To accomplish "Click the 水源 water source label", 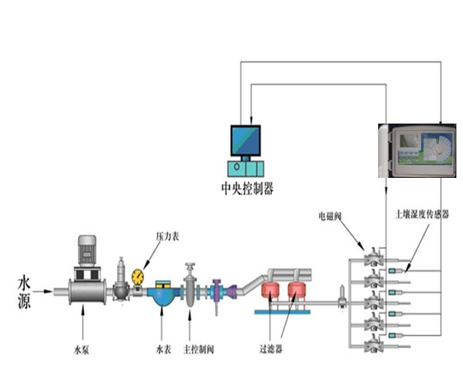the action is coord(25,292).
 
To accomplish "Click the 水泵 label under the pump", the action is coord(82,350).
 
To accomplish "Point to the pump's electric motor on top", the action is coord(87,250).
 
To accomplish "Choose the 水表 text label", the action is coord(163,350).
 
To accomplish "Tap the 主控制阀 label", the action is coord(199,350).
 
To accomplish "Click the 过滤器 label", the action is coord(271,349).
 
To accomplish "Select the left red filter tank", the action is coord(270,290).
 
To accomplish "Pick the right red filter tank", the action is coord(297,290).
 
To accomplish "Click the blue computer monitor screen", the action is coord(246,141).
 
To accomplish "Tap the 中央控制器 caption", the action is coord(247,189).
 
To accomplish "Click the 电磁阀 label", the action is coord(330,216).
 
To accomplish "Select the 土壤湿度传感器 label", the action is coord(422,214).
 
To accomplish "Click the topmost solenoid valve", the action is coord(373,257).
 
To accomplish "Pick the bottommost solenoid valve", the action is coord(373,343).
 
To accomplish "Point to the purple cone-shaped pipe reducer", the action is coord(231,292).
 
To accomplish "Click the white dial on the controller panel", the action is coord(437,149).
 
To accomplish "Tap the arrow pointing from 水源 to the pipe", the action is coord(43,292).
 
